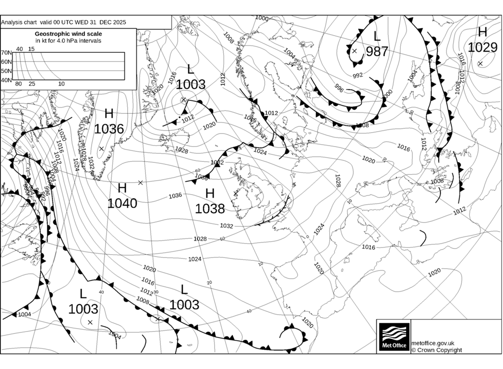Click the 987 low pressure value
coord(377,51)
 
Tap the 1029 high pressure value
coord(482,47)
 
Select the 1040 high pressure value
coord(122,203)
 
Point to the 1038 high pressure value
coord(210,209)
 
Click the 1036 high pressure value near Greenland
coord(109,129)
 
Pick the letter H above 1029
coord(482,32)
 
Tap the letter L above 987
coord(377,35)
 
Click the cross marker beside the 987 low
coord(355,50)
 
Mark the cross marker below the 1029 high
coord(480,63)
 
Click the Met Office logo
coord(394,336)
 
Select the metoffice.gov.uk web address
coord(433,343)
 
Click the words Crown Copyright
coord(439,350)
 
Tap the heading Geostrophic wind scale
coord(68,34)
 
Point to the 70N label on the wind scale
coord(6,53)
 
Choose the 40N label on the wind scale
coord(6,80)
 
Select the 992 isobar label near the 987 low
coord(358,75)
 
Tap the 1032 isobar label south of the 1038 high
coord(227,226)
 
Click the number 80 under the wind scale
coord(18,84)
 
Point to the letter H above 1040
coord(122,188)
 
